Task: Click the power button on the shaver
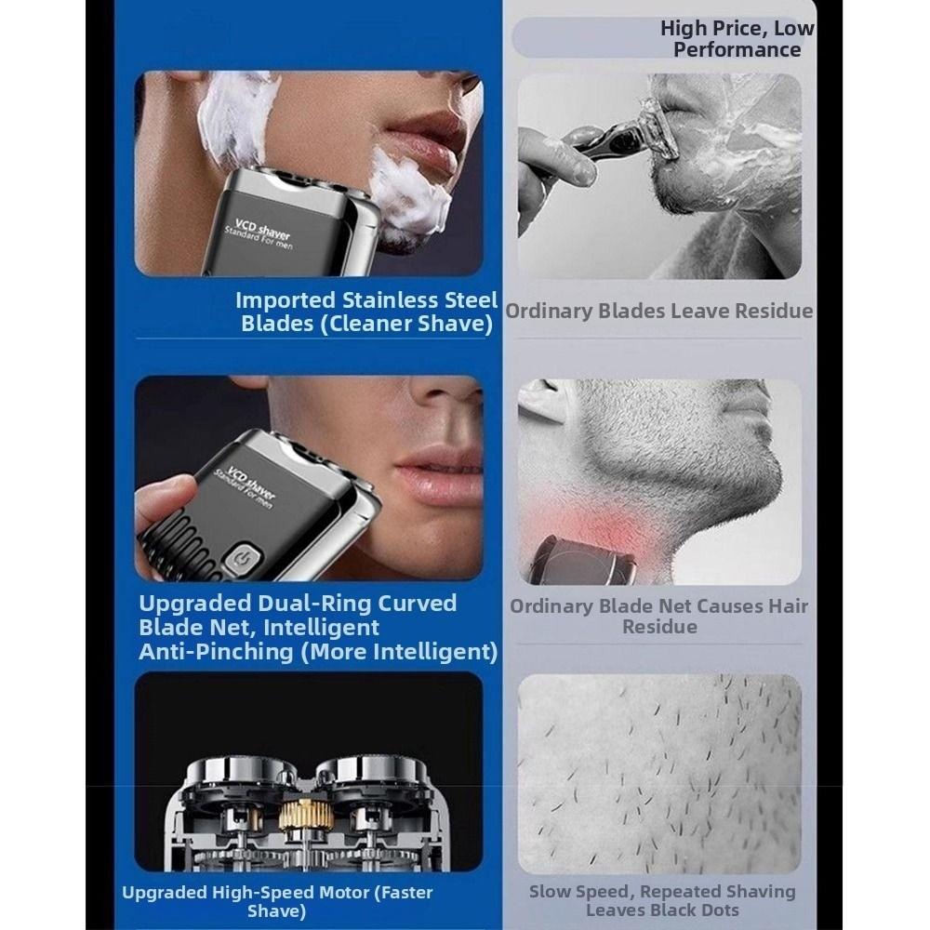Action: point(243,560)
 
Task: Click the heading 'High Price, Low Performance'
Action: point(737,39)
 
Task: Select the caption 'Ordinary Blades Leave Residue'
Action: point(658,311)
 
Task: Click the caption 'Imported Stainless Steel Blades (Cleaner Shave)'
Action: point(365,312)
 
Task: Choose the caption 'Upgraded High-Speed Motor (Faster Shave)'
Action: point(277,901)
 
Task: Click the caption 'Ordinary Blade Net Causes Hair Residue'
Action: point(658,617)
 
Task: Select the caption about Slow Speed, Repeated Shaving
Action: point(662,900)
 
